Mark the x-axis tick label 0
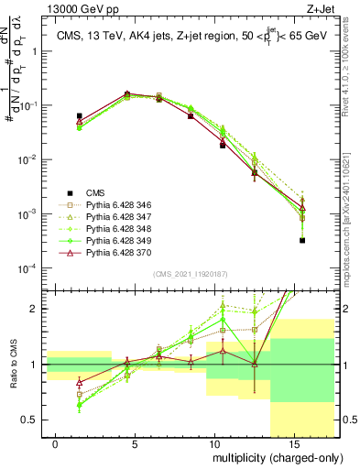(x=56, y=442)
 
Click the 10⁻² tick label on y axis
(x=27, y=159)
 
